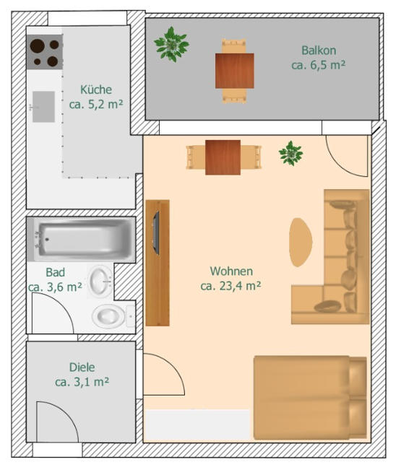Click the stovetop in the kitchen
coord(45,52)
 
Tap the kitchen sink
coord(43,107)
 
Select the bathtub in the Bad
coord(81,240)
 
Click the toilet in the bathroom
coord(113,316)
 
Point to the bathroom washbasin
coord(100,281)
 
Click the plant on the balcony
coord(171,44)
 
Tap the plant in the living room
coord(290,153)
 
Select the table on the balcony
coord(235,71)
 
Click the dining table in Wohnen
coord(223,157)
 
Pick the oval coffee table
coord(300,242)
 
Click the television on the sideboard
coord(156,232)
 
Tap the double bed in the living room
coord(310,398)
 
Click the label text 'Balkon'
coord(319,51)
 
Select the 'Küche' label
coord(96,90)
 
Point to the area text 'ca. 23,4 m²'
coord(231,286)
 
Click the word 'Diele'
coord(82,367)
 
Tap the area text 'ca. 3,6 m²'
coord(55,287)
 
